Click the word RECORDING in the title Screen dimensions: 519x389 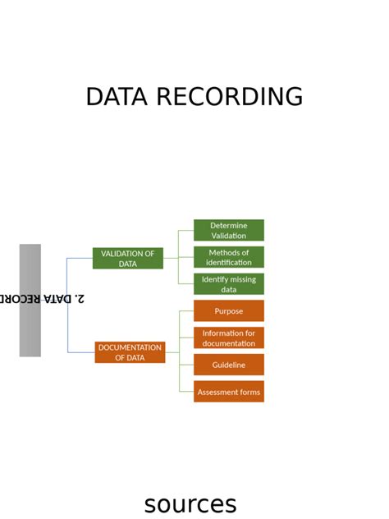tap(229, 97)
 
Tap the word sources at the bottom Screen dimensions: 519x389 tap(190, 503)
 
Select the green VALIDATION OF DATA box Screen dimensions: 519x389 tap(127, 259)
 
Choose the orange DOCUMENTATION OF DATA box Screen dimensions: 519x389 tap(130, 352)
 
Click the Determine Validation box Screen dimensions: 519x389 tap(228, 231)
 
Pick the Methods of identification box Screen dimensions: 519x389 tap(228, 257)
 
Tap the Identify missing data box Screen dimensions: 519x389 tap(228, 284)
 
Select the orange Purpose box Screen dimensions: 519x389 tap(228, 311)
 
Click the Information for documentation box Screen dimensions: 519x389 tap(228, 338)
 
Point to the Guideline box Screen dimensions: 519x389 tap(228, 365)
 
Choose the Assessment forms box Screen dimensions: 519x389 tap(228, 392)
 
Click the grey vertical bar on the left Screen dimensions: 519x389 tap(30, 301)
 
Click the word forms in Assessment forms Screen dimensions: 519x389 tap(247, 392)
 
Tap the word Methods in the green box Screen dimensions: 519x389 tap(223, 252)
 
